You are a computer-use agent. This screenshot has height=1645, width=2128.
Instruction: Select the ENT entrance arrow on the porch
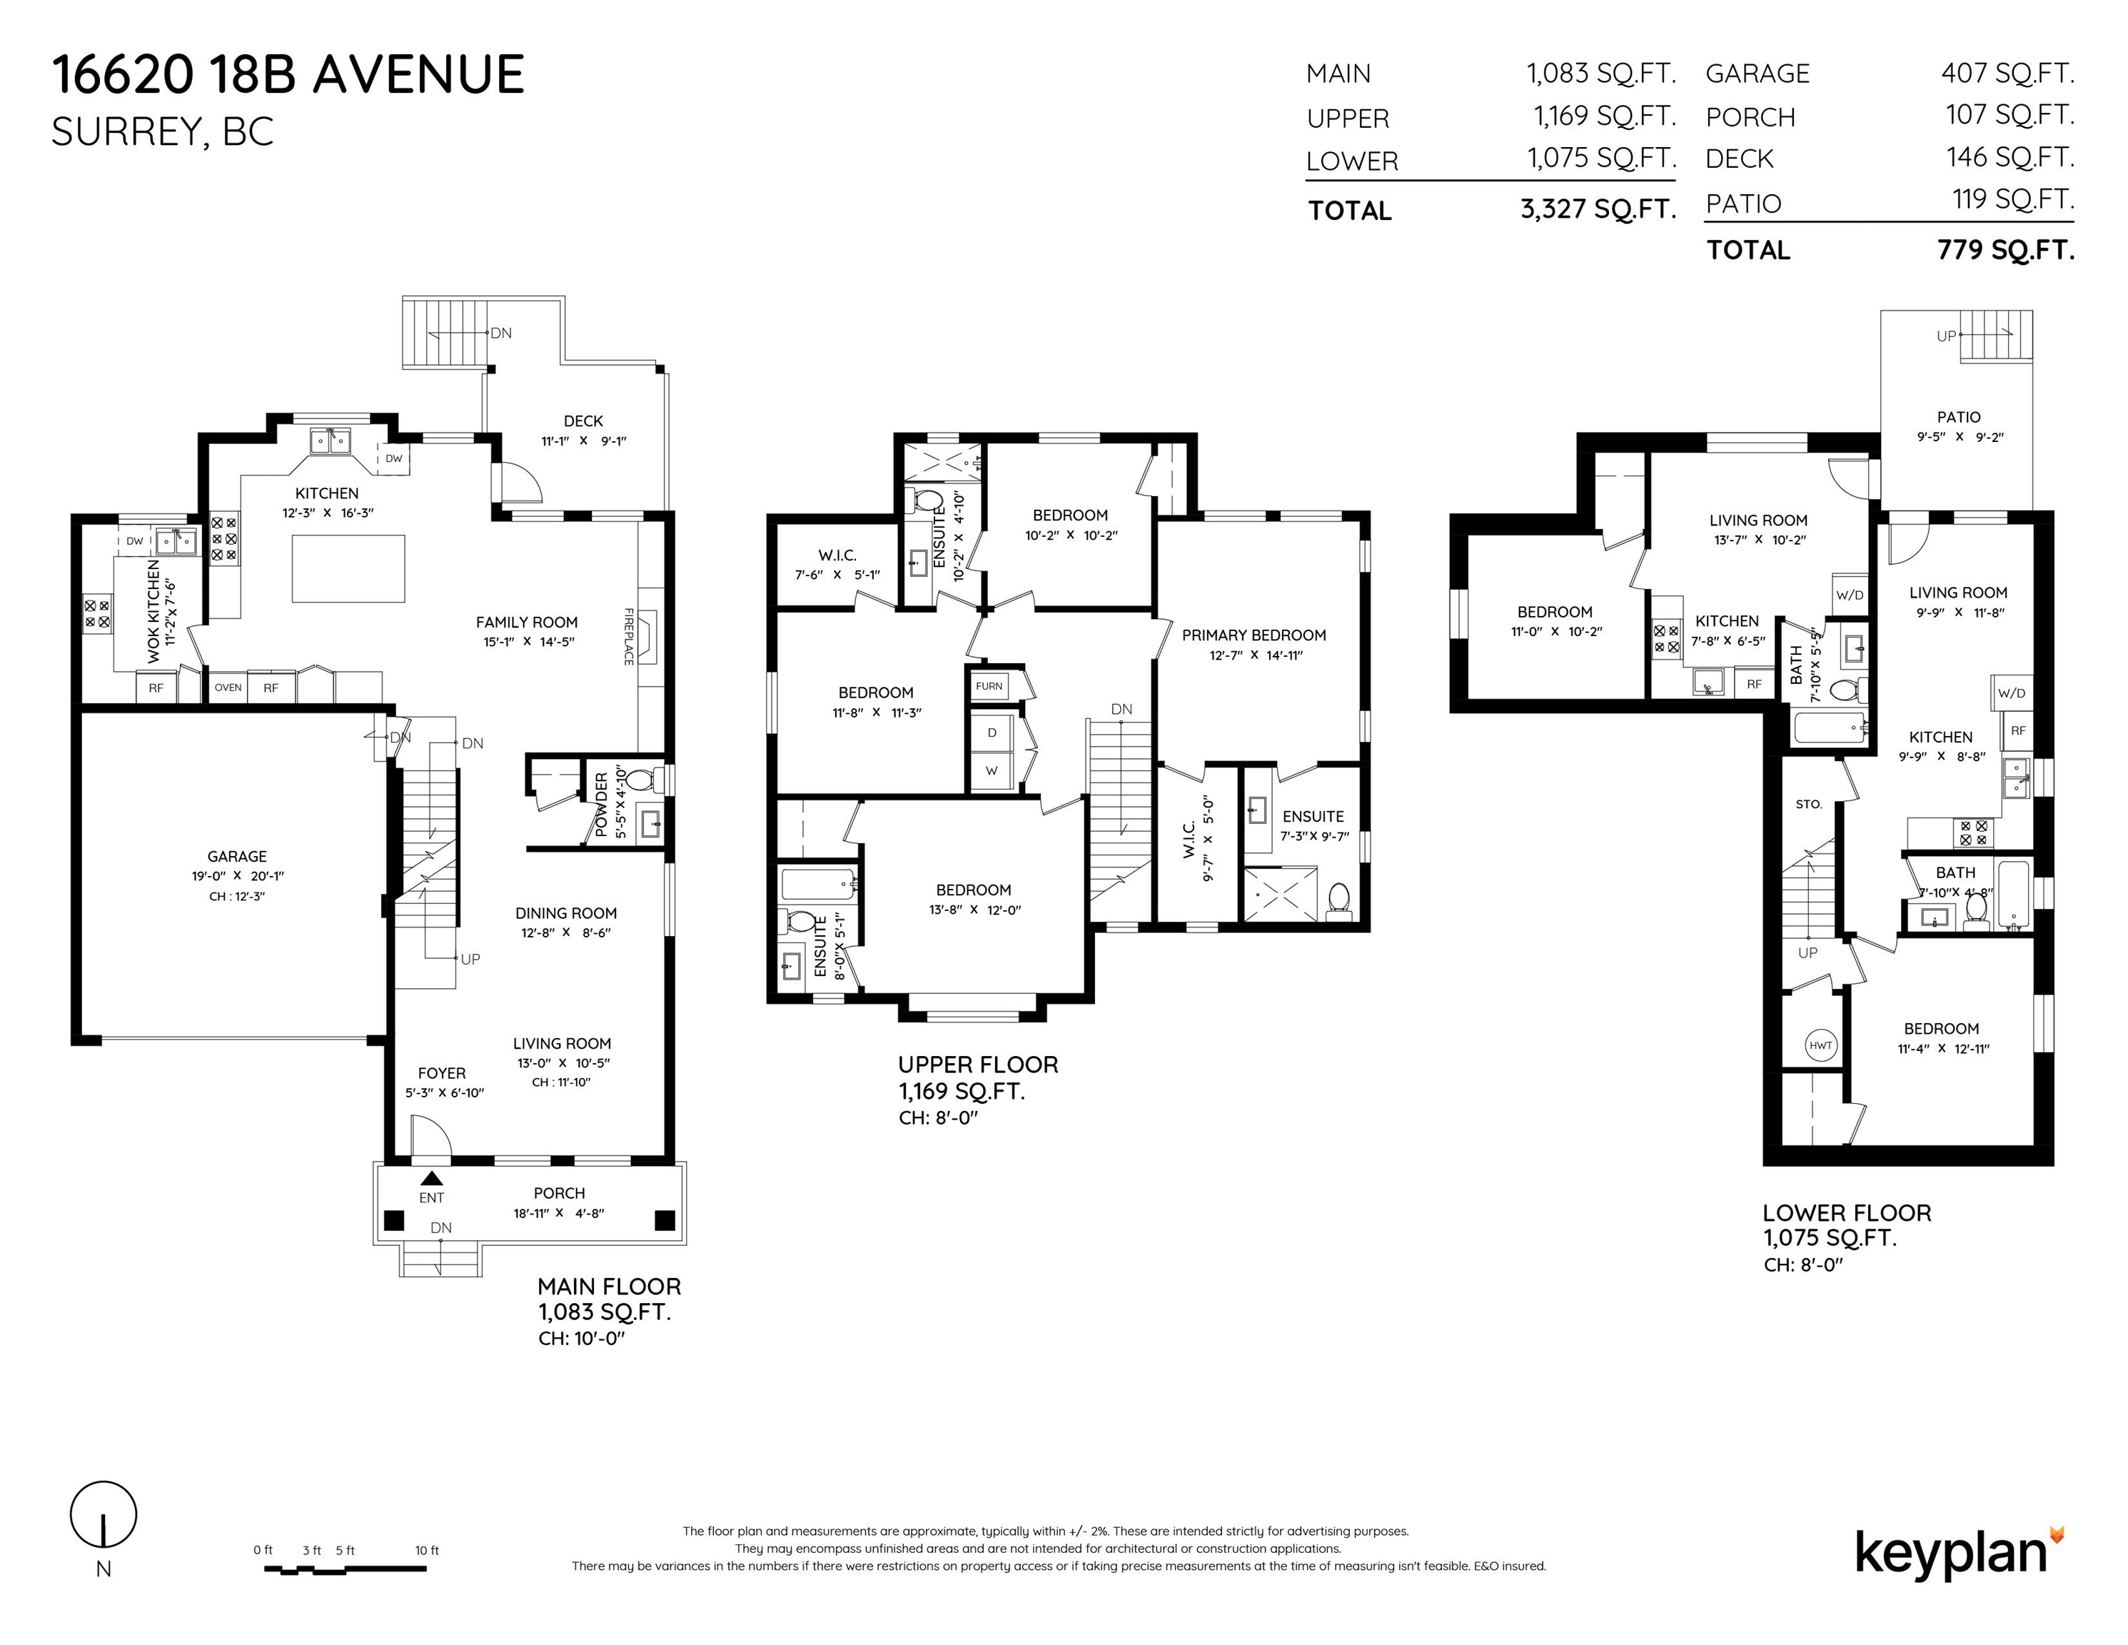432,1178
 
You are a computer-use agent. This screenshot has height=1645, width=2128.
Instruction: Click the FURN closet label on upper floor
989,686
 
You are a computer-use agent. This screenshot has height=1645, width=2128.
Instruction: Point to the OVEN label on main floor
228,687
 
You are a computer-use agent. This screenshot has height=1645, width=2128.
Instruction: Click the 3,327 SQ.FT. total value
1598,208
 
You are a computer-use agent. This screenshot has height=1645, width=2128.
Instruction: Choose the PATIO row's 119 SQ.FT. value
2013,200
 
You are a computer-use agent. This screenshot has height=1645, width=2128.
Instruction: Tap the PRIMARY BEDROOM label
1254,635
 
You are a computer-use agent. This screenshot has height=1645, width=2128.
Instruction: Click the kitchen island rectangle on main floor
349,568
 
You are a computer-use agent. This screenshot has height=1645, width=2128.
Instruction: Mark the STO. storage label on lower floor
1808,804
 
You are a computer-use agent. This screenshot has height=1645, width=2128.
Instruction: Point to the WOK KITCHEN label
154,611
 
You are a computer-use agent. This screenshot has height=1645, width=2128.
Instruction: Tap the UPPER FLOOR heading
978,1065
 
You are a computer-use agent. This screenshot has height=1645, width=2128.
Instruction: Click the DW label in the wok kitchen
134,541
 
